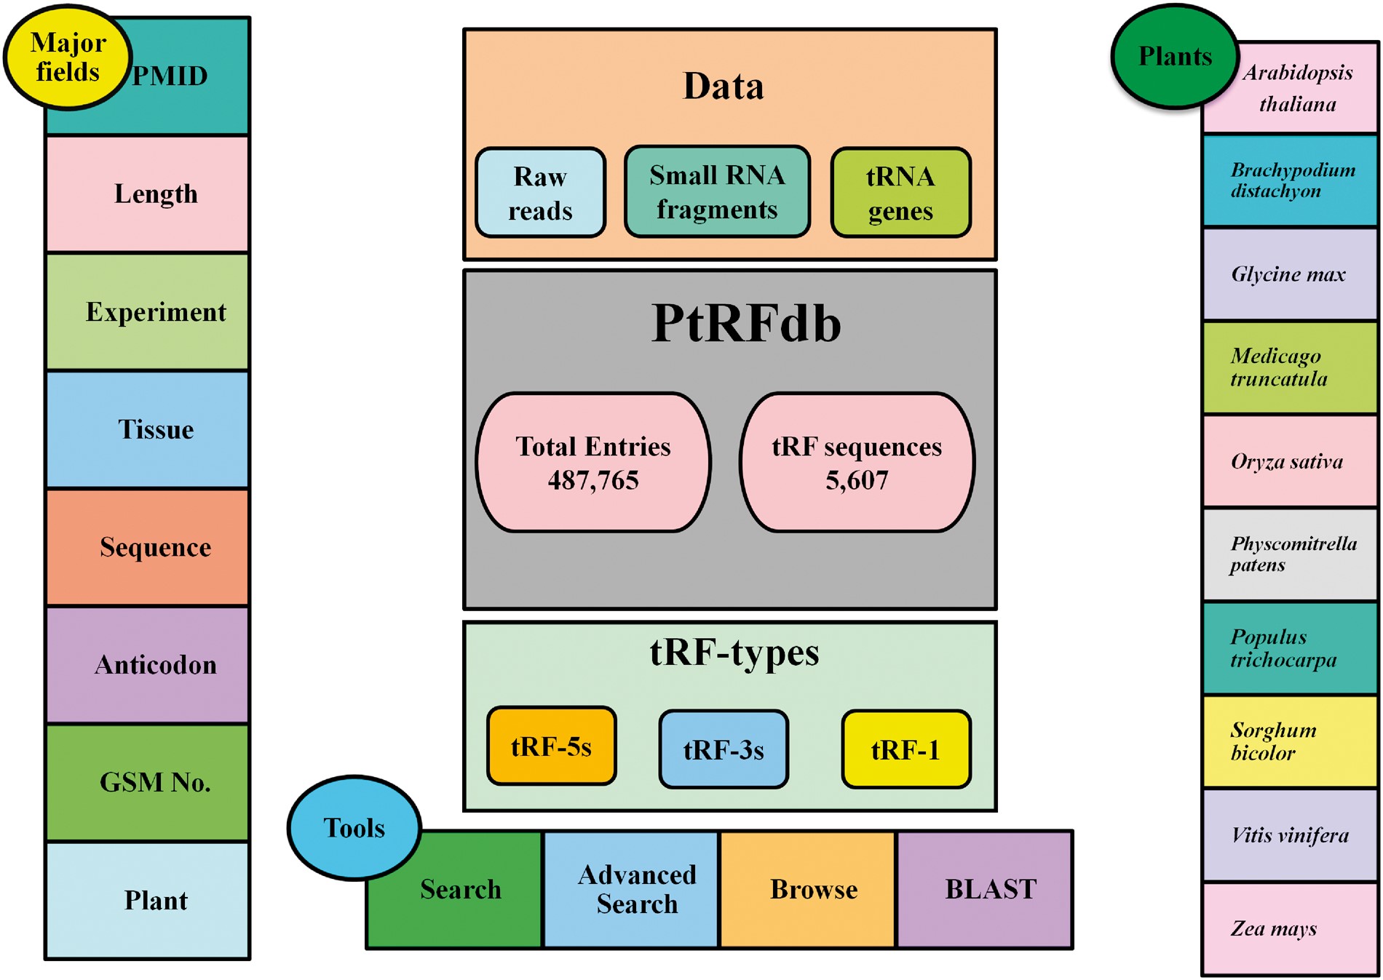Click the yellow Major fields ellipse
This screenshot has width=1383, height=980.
pyautogui.click(x=67, y=57)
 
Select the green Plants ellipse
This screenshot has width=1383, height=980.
pyautogui.click(x=1174, y=57)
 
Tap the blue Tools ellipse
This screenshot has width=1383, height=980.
pyautogui.click(x=354, y=828)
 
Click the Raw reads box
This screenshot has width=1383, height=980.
pyautogui.click(x=540, y=193)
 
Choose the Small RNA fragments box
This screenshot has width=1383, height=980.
pyautogui.click(x=717, y=192)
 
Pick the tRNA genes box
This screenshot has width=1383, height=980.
pyautogui.click(x=900, y=193)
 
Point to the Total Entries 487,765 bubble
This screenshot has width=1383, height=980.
pyautogui.click(x=593, y=463)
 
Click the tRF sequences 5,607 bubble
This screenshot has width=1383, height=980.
pyautogui.click(x=857, y=463)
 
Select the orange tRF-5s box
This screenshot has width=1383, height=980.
pyautogui.click(x=551, y=746)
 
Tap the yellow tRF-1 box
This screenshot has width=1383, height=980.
pyautogui.click(x=906, y=749)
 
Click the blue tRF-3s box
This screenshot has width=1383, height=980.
pyautogui.click(x=723, y=749)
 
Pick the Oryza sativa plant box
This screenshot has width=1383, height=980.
pyautogui.click(x=1289, y=461)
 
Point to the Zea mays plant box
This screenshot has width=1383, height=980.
pyautogui.click(x=1289, y=928)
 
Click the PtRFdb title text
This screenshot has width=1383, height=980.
pyautogui.click(x=745, y=323)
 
